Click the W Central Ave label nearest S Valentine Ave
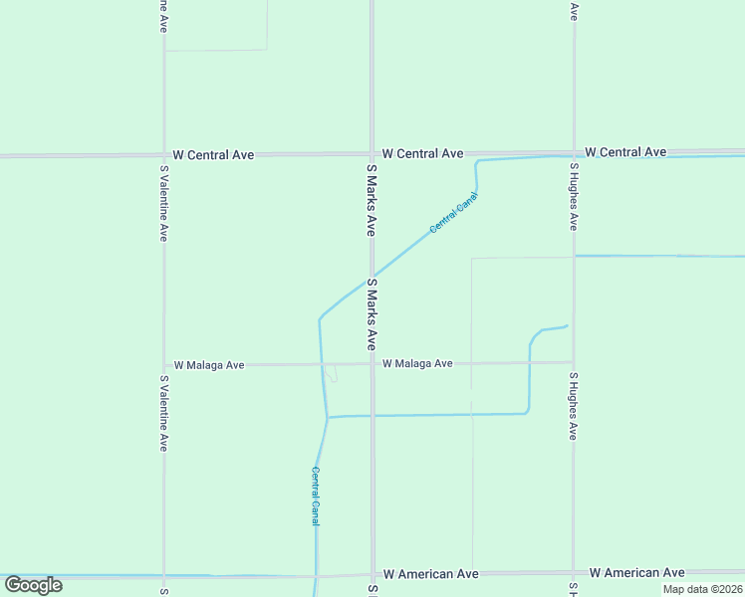point(213,155)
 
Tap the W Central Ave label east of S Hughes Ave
point(625,152)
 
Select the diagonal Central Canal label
point(453,213)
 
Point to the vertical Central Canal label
point(315,496)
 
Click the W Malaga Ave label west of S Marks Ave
point(209,365)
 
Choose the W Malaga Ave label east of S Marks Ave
point(417,364)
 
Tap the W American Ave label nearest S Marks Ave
point(430,574)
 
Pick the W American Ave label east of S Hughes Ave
point(636,573)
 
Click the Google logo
point(32,585)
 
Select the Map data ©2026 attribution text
point(702,589)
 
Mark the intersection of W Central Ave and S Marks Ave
point(372,154)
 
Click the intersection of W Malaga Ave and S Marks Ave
point(372,364)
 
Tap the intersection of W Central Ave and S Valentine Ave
point(164,155)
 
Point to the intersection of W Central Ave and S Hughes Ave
point(574,153)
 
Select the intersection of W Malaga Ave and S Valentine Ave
point(164,365)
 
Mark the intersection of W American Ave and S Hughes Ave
point(574,573)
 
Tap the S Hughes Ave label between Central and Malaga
point(574,196)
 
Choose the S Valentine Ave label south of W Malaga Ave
point(163,413)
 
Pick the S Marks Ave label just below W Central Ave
point(370,199)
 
